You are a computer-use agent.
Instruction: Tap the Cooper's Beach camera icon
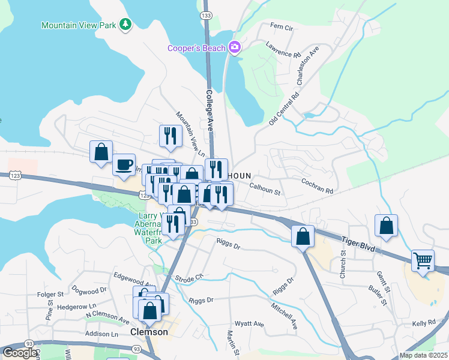234,48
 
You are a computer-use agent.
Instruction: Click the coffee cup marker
124,164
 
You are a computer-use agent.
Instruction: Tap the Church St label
343,264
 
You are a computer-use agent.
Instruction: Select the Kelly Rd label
424,323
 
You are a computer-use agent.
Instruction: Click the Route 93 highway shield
137,349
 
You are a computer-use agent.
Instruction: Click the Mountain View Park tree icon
125,25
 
